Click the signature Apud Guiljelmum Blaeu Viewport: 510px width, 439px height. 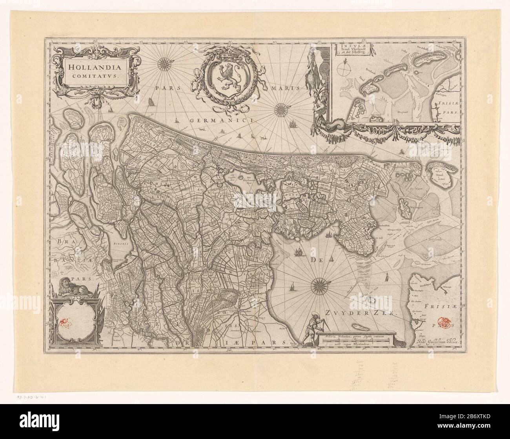point(434,342)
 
